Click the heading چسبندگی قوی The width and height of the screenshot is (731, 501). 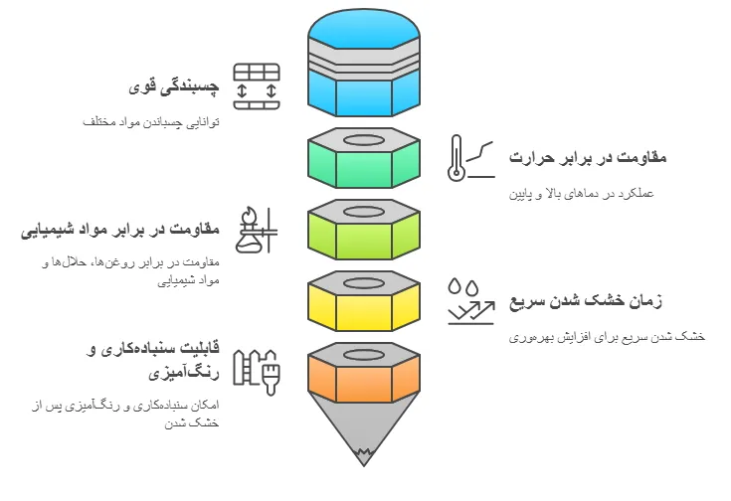click(x=173, y=86)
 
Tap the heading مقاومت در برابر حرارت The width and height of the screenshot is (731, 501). click(x=588, y=157)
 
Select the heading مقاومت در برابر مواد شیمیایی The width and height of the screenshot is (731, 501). click(x=119, y=230)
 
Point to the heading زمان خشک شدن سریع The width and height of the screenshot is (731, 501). click(x=585, y=300)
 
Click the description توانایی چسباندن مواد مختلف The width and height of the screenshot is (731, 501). click(x=151, y=122)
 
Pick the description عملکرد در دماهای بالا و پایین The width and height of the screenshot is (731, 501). click(x=581, y=194)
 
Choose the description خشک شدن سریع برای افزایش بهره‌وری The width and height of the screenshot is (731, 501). click(x=607, y=337)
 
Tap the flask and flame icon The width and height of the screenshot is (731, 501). click(x=257, y=230)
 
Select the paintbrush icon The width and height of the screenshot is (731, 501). click(x=271, y=373)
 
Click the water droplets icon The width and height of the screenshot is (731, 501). click(x=463, y=287)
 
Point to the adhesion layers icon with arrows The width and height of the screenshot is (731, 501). click(x=257, y=86)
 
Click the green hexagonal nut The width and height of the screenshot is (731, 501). click(x=364, y=158)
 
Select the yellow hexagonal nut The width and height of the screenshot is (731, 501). click(x=364, y=301)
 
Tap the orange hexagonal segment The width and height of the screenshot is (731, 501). click(x=364, y=373)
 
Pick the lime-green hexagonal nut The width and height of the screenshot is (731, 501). click(x=364, y=230)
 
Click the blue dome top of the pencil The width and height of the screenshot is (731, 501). click(x=364, y=29)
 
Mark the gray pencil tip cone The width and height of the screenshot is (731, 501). click(x=364, y=428)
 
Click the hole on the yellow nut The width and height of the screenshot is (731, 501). click(x=364, y=283)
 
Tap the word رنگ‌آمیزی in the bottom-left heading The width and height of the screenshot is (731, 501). click(x=184, y=373)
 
